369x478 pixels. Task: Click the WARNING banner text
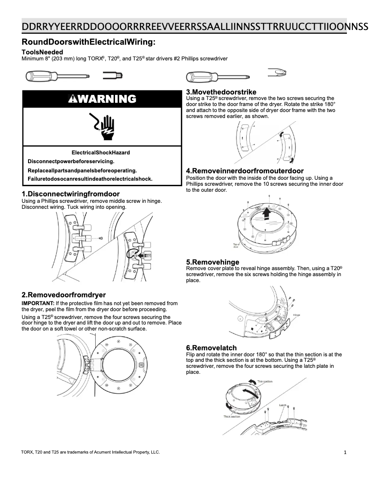tap(102, 99)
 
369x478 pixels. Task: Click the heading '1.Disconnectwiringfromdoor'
tap(70, 194)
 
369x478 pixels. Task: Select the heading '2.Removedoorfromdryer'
tap(63, 295)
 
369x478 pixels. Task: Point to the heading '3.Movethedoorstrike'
tap(221, 92)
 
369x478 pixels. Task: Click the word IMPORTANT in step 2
tap(37, 303)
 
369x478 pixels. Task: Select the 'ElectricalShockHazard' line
tap(101, 153)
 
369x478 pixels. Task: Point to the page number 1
tap(345, 453)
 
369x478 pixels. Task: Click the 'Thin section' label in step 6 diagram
tap(265, 382)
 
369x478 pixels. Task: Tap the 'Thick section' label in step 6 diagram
tap(232, 416)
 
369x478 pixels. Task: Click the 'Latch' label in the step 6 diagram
tap(283, 405)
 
